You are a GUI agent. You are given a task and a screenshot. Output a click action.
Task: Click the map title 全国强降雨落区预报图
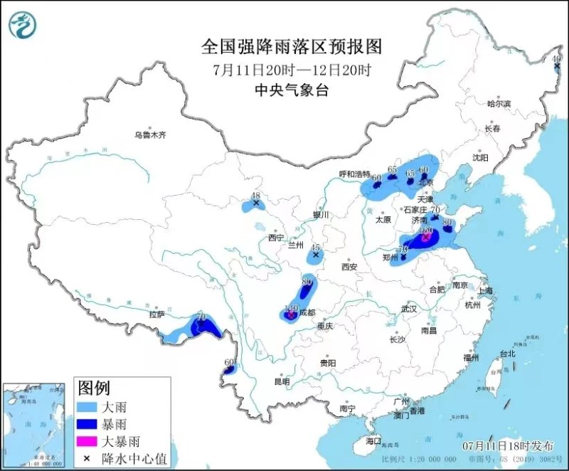pyautogui.click(x=292, y=48)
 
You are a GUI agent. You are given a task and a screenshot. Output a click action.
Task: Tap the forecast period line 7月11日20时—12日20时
pyautogui.click(x=292, y=70)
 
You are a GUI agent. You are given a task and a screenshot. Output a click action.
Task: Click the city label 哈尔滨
pyautogui.click(x=499, y=104)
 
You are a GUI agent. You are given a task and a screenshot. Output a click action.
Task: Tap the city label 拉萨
pyautogui.click(x=156, y=314)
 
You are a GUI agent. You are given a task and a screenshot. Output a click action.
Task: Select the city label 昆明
pyautogui.click(x=281, y=381)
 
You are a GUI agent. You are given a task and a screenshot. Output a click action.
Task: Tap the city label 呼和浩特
pyautogui.click(x=354, y=174)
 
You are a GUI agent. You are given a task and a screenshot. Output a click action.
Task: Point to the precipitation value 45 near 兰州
pyautogui.click(x=315, y=247)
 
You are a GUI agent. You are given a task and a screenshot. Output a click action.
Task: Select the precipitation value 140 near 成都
pyautogui.click(x=290, y=309)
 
